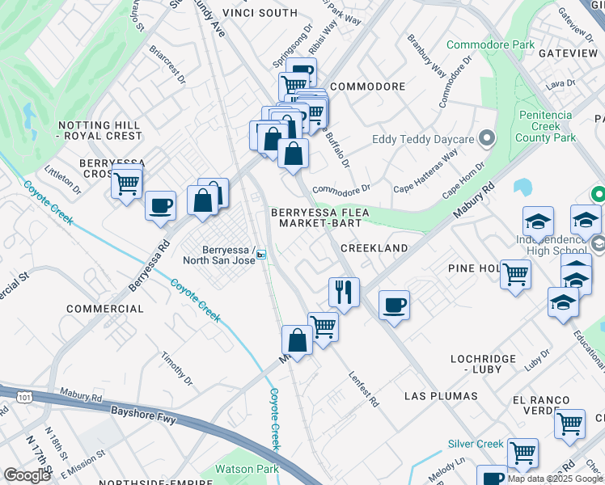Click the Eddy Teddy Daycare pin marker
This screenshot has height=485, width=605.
(x=486, y=139)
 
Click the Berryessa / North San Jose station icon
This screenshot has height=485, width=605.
(x=260, y=255)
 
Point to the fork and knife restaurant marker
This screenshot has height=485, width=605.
(x=345, y=293)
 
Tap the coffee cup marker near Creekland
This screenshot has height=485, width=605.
(x=394, y=306)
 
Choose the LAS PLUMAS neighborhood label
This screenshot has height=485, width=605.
(x=441, y=396)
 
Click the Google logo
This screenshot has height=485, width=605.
(x=27, y=474)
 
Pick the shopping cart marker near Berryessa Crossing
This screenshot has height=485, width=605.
(x=127, y=184)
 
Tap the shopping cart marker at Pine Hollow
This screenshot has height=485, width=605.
(x=514, y=275)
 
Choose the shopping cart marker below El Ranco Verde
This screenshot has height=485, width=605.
(x=569, y=423)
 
